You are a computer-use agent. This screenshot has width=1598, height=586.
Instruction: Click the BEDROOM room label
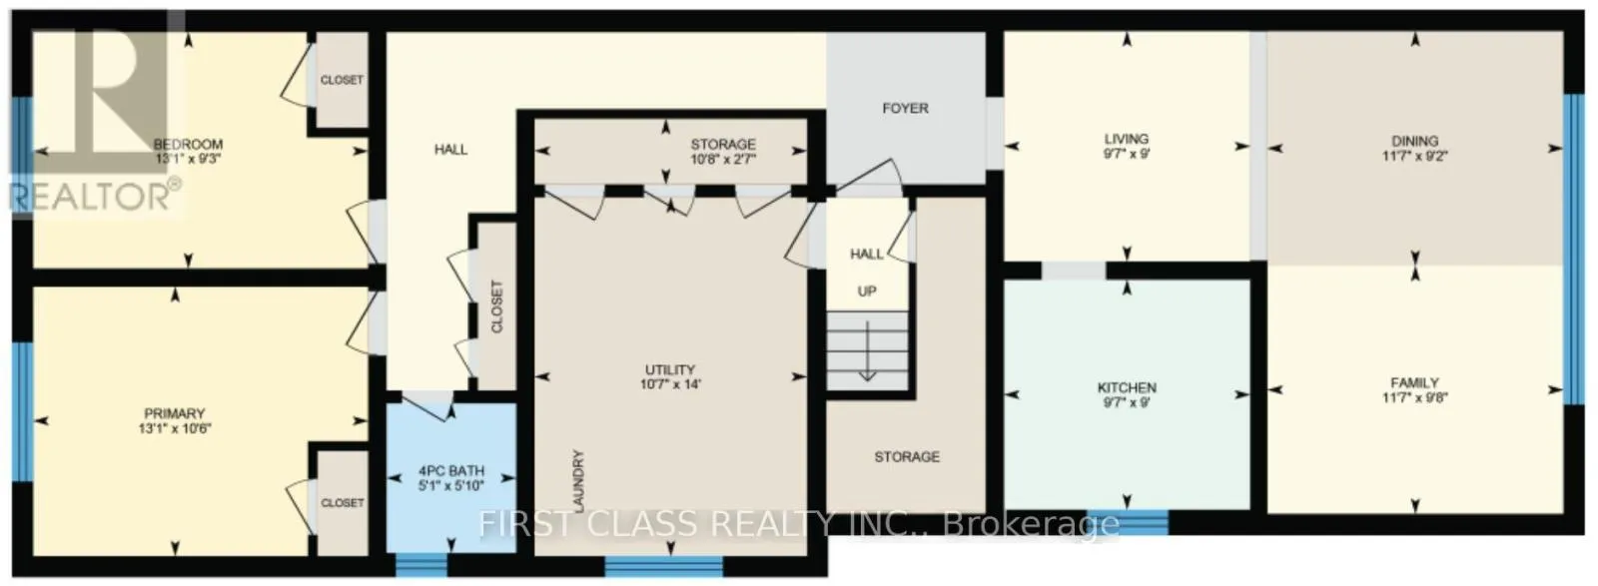[188, 144]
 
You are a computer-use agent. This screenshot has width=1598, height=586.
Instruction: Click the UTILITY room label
[669, 369]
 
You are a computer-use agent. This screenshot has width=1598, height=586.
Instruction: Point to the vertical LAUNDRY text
[578, 481]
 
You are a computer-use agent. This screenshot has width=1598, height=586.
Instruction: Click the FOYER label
[905, 108]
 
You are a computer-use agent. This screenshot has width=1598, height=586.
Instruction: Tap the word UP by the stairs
[867, 291]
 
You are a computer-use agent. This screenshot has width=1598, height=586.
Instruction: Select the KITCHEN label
[1127, 387]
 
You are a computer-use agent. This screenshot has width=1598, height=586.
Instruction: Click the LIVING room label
[1126, 139]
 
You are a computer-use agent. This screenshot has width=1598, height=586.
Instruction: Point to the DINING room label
[1414, 141]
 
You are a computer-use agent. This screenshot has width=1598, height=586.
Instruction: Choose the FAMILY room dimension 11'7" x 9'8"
[1414, 396]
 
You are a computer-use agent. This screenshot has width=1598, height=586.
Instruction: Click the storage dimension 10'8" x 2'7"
[723, 159]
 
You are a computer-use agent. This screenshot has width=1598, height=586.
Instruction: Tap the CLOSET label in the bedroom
[342, 80]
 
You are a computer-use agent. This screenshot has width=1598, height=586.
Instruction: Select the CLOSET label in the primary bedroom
[342, 503]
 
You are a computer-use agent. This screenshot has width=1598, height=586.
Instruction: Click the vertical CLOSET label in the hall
[497, 305]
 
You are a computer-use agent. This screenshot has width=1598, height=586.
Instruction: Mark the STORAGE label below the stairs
[907, 456]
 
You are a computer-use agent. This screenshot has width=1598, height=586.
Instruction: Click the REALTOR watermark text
[95, 194]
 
